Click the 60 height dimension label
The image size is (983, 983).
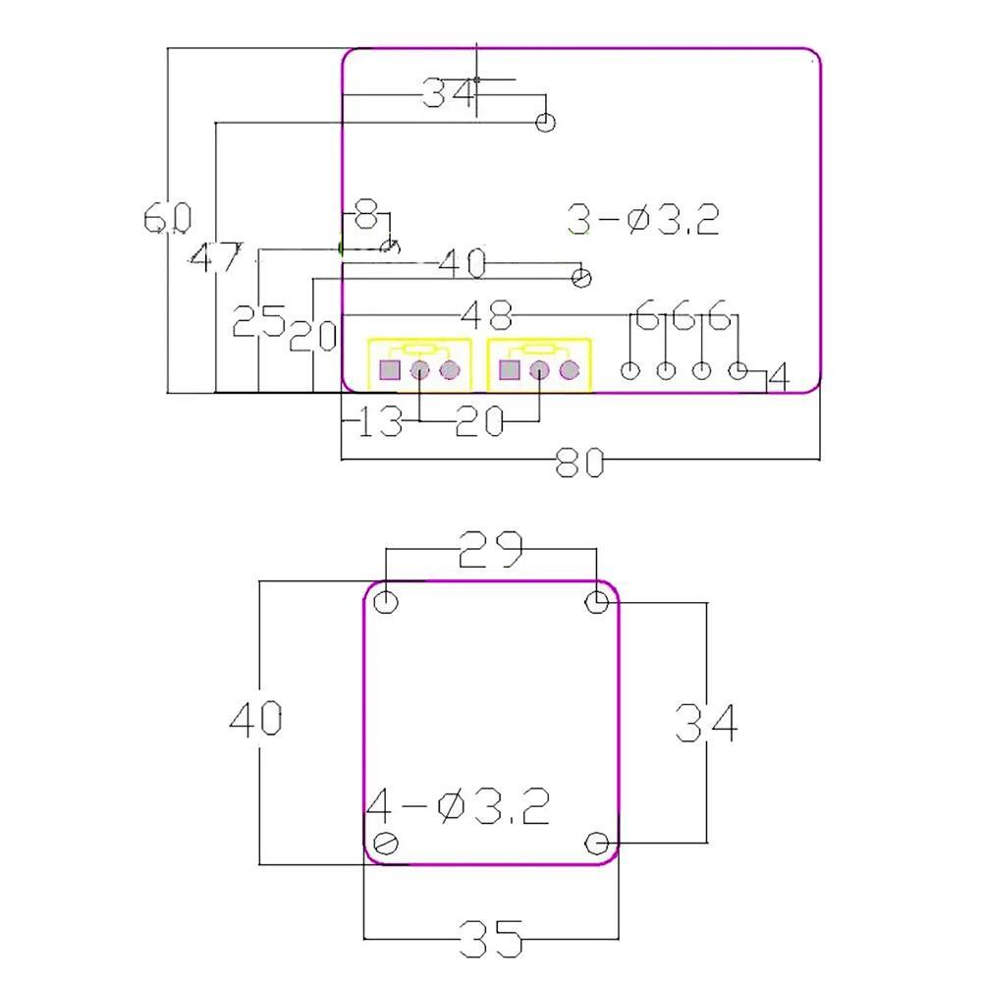pyautogui.click(x=168, y=217)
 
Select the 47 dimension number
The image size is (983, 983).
pyautogui.click(x=214, y=259)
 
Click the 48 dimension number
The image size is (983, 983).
pyautogui.click(x=487, y=316)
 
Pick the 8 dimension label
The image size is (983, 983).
pyautogui.click(x=365, y=211)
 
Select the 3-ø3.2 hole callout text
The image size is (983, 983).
pyautogui.click(x=643, y=219)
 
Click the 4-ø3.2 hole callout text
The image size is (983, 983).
pyautogui.click(x=458, y=807)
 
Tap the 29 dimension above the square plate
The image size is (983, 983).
pyautogui.click(x=491, y=551)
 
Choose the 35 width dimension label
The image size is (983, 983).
pyautogui.click(x=490, y=941)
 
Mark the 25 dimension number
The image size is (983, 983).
pyautogui.click(x=258, y=321)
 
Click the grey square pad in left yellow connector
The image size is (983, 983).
pyautogui.click(x=390, y=370)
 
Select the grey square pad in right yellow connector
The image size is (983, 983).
pyautogui.click(x=509, y=370)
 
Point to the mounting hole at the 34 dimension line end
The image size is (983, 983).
pyautogui.click(x=545, y=122)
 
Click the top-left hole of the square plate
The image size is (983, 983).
pyautogui.click(x=389, y=601)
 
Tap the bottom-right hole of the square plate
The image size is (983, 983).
pyautogui.click(x=596, y=843)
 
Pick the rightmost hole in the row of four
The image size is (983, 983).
pyautogui.click(x=738, y=370)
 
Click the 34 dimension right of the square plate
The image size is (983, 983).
pyautogui.click(x=705, y=725)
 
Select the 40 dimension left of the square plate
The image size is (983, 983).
pyautogui.click(x=256, y=720)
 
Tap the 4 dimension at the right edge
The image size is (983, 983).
pyautogui.click(x=778, y=376)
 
